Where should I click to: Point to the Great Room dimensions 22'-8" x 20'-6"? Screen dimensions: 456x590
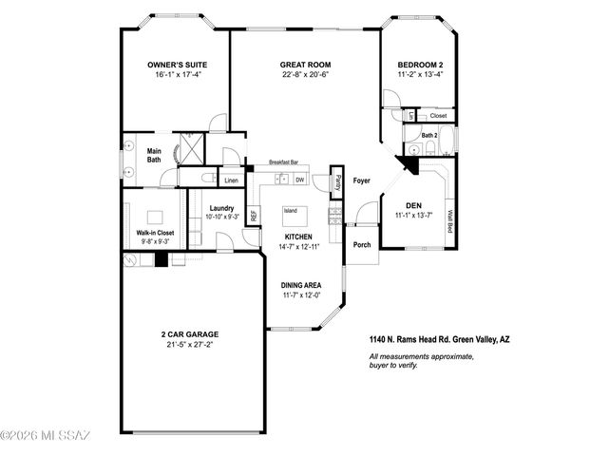point(304,76)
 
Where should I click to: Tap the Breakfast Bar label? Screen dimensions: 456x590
point(285,162)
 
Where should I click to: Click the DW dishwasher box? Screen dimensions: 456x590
point(299,180)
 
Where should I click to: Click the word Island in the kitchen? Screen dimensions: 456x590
point(291,211)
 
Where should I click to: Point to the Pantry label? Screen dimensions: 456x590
point(337,182)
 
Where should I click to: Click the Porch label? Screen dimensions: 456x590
point(362,244)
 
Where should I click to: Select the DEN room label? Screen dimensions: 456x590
point(413,205)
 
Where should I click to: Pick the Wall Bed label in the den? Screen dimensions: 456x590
point(448,220)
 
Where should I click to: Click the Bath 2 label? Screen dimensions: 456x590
point(428,136)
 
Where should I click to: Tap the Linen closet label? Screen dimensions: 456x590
point(231,180)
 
